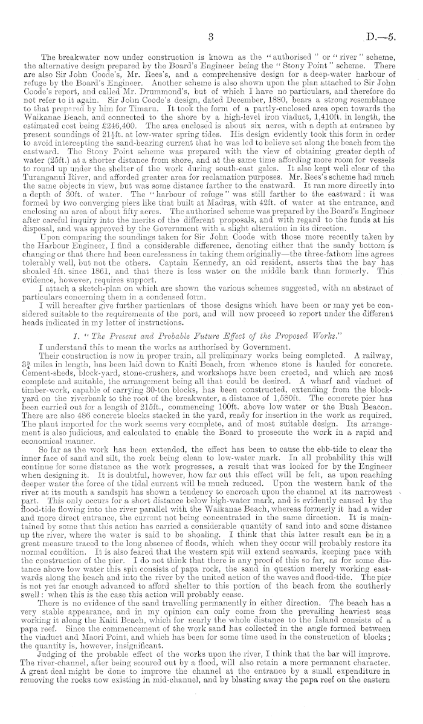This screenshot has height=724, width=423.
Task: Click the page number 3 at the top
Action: (x=211, y=37)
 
